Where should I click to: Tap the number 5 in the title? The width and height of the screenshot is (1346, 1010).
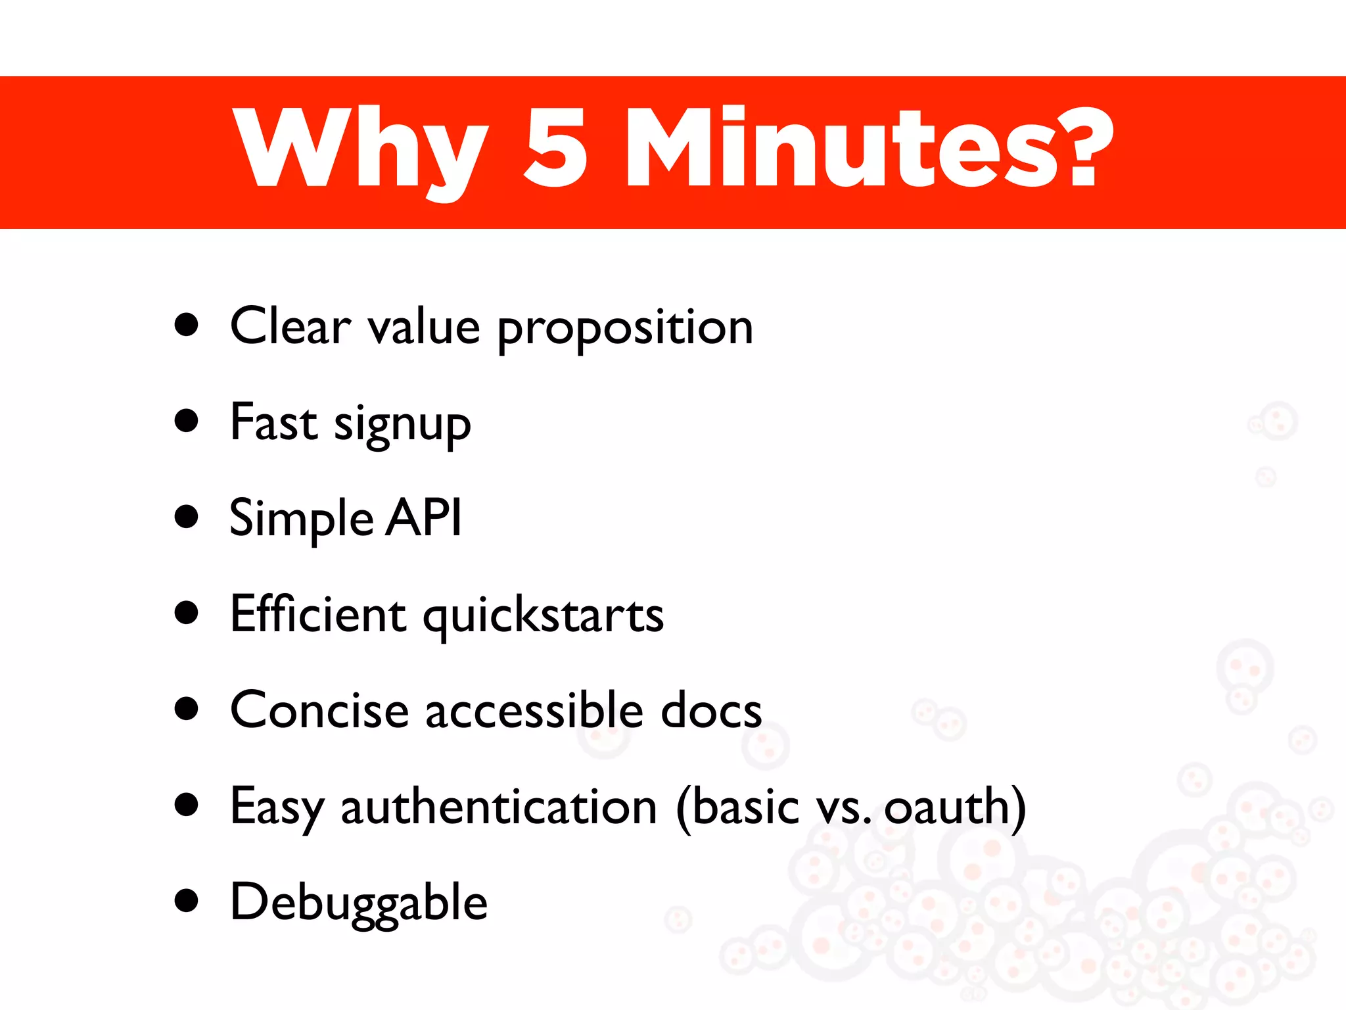[x=555, y=147]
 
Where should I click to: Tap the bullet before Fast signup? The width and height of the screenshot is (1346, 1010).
[x=187, y=421]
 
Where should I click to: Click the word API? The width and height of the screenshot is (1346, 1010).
[x=424, y=517]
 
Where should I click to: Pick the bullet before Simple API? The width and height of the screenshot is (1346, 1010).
[x=187, y=517]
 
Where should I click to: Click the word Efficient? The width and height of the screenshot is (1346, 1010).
[x=317, y=613]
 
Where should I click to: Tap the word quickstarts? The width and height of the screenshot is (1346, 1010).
[x=543, y=617]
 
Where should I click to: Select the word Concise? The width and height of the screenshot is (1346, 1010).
[x=319, y=710]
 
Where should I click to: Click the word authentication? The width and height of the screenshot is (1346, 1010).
[x=499, y=807]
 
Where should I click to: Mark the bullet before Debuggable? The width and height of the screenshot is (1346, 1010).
[x=187, y=902]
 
